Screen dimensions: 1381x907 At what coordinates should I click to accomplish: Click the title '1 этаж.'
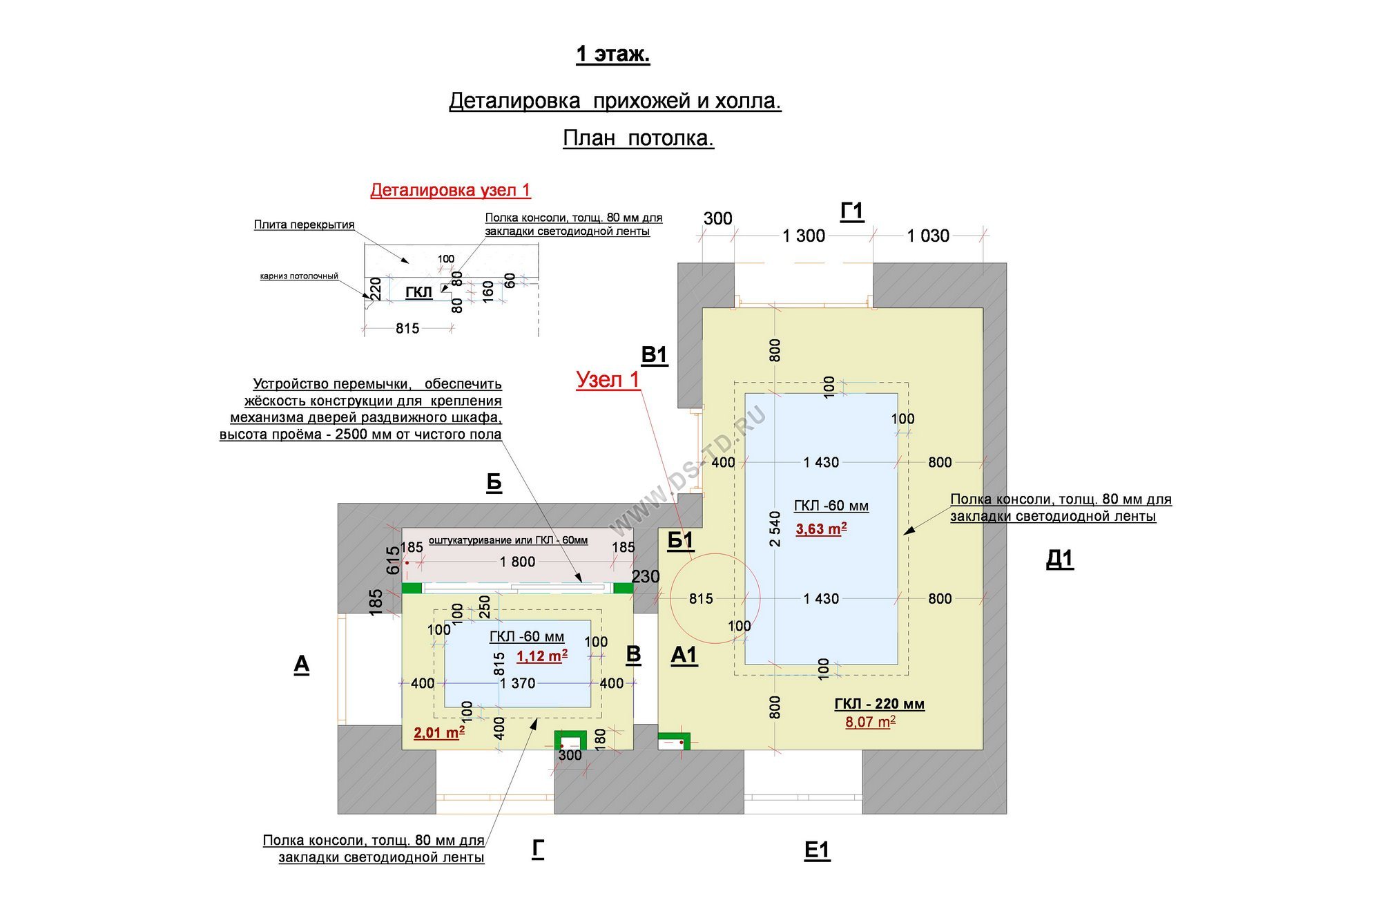tap(613, 54)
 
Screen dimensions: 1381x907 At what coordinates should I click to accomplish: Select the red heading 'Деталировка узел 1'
tap(450, 190)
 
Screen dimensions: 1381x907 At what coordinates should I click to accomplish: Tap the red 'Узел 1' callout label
tap(608, 379)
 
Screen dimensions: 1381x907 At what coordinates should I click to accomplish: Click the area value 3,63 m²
tap(821, 529)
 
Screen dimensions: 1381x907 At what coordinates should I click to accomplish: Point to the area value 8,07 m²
tap(871, 722)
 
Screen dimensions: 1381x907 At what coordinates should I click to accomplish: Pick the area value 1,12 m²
tap(542, 656)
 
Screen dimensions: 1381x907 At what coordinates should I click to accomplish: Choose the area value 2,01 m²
tap(439, 732)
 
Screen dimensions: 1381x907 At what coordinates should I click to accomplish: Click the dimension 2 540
tap(775, 529)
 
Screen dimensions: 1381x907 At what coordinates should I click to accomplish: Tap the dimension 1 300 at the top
tap(804, 236)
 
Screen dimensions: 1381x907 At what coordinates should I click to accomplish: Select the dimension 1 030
tap(928, 236)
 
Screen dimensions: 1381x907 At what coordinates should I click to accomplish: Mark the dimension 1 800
tap(518, 562)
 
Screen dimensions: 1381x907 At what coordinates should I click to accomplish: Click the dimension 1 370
tap(518, 683)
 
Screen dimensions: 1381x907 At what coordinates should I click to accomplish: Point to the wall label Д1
tap(1060, 559)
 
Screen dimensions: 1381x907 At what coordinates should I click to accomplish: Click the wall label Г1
tap(852, 211)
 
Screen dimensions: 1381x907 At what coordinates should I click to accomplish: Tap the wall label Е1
tap(817, 850)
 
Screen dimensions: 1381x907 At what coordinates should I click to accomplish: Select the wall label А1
tap(684, 655)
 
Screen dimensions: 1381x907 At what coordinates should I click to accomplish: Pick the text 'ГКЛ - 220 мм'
tap(879, 704)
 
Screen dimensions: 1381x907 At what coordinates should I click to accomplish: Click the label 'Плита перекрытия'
tap(304, 225)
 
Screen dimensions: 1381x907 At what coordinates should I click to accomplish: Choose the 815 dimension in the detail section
tap(407, 329)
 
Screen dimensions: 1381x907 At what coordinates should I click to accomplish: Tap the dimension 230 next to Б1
tap(646, 576)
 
